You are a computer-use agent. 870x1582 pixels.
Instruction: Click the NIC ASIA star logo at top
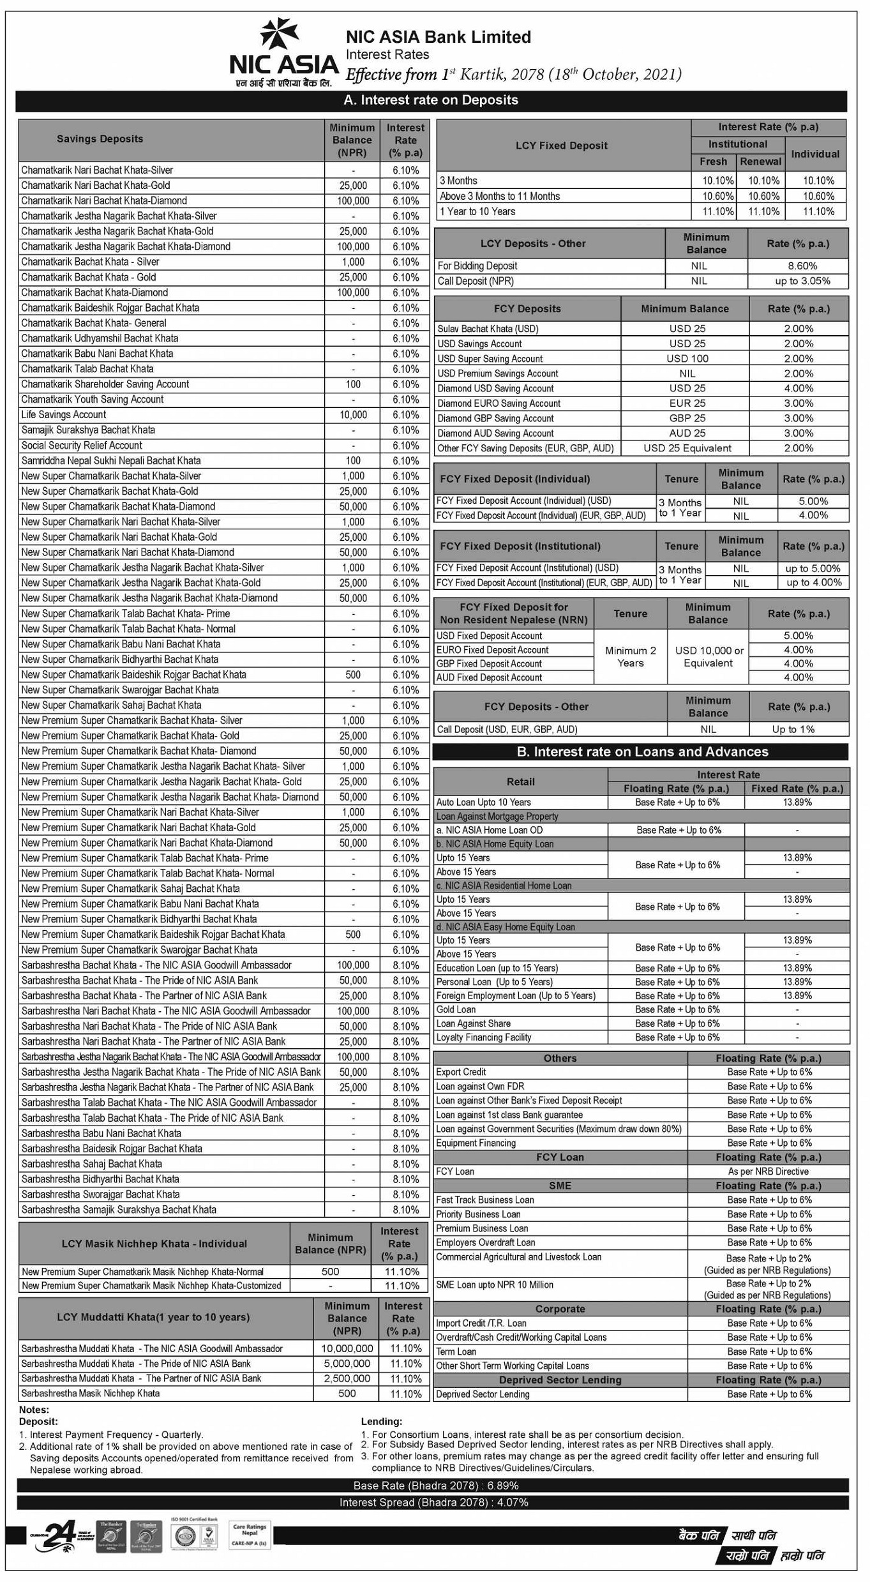click(x=279, y=33)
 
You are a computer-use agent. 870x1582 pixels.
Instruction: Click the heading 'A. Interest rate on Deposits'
click(x=431, y=100)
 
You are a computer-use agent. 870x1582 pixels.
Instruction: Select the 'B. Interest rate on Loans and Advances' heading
click(x=641, y=751)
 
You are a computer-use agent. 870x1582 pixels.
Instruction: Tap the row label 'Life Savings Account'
click(x=64, y=415)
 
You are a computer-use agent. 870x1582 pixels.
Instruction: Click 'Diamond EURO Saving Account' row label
click(x=499, y=403)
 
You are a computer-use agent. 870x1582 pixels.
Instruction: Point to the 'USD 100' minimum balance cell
click(x=687, y=359)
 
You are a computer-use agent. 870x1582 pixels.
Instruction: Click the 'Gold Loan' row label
click(x=456, y=1009)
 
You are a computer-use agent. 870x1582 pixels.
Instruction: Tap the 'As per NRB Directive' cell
click(x=768, y=1171)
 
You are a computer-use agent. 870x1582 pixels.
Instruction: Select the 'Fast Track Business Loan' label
click(x=485, y=1200)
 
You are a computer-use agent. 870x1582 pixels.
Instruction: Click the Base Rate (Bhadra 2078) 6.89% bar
click(x=435, y=1486)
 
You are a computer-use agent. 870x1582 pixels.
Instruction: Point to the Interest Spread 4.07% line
click(x=434, y=1502)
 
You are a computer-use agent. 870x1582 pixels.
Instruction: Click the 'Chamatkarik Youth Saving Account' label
click(x=93, y=400)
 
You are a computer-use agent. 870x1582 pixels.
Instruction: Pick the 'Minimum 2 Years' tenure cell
click(x=630, y=656)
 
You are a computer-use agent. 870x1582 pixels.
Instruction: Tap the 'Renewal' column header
click(x=760, y=162)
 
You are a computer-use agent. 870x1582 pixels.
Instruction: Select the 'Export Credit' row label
click(x=461, y=1072)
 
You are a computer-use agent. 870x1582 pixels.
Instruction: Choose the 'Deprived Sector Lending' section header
click(x=560, y=1380)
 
